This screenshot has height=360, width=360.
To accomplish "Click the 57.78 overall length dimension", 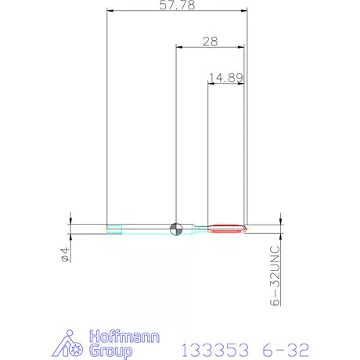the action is tap(177, 5).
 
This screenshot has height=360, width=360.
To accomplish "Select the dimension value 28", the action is tap(211, 41).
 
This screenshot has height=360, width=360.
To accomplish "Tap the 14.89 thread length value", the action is tap(226, 77).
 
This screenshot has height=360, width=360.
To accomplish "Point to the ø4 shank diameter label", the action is tap(65, 254).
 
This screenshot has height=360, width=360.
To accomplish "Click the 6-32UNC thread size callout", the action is tap(275, 275).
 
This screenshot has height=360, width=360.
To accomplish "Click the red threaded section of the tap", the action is tap(227, 229).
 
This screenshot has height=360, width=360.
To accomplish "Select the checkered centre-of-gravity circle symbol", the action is tap(176, 229).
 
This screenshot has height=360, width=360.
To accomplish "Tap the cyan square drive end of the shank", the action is tap(114, 229).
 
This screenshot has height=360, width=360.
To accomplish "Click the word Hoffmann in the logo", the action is tap(124, 337).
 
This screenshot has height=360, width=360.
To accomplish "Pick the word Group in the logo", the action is tap(110, 351).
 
